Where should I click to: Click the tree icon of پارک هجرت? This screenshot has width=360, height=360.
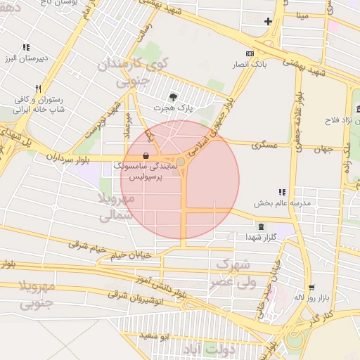pyautogui.click(x=174, y=97)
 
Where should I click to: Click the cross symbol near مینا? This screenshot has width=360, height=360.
pyautogui.click(x=267, y=21)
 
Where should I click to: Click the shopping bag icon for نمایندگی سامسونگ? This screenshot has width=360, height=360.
pyautogui.click(x=146, y=155)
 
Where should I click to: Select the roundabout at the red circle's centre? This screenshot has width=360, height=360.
pyautogui.click(x=181, y=162)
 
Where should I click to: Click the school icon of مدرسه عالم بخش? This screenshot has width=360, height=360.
pyautogui.click(x=282, y=191)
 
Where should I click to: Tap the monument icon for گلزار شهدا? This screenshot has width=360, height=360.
pyautogui.click(x=262, y=226)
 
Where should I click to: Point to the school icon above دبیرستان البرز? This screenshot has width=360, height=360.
pyautogui.click(x=26, y=47)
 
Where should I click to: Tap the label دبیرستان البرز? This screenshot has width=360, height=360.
pyautogui.click(x=25, y=58)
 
